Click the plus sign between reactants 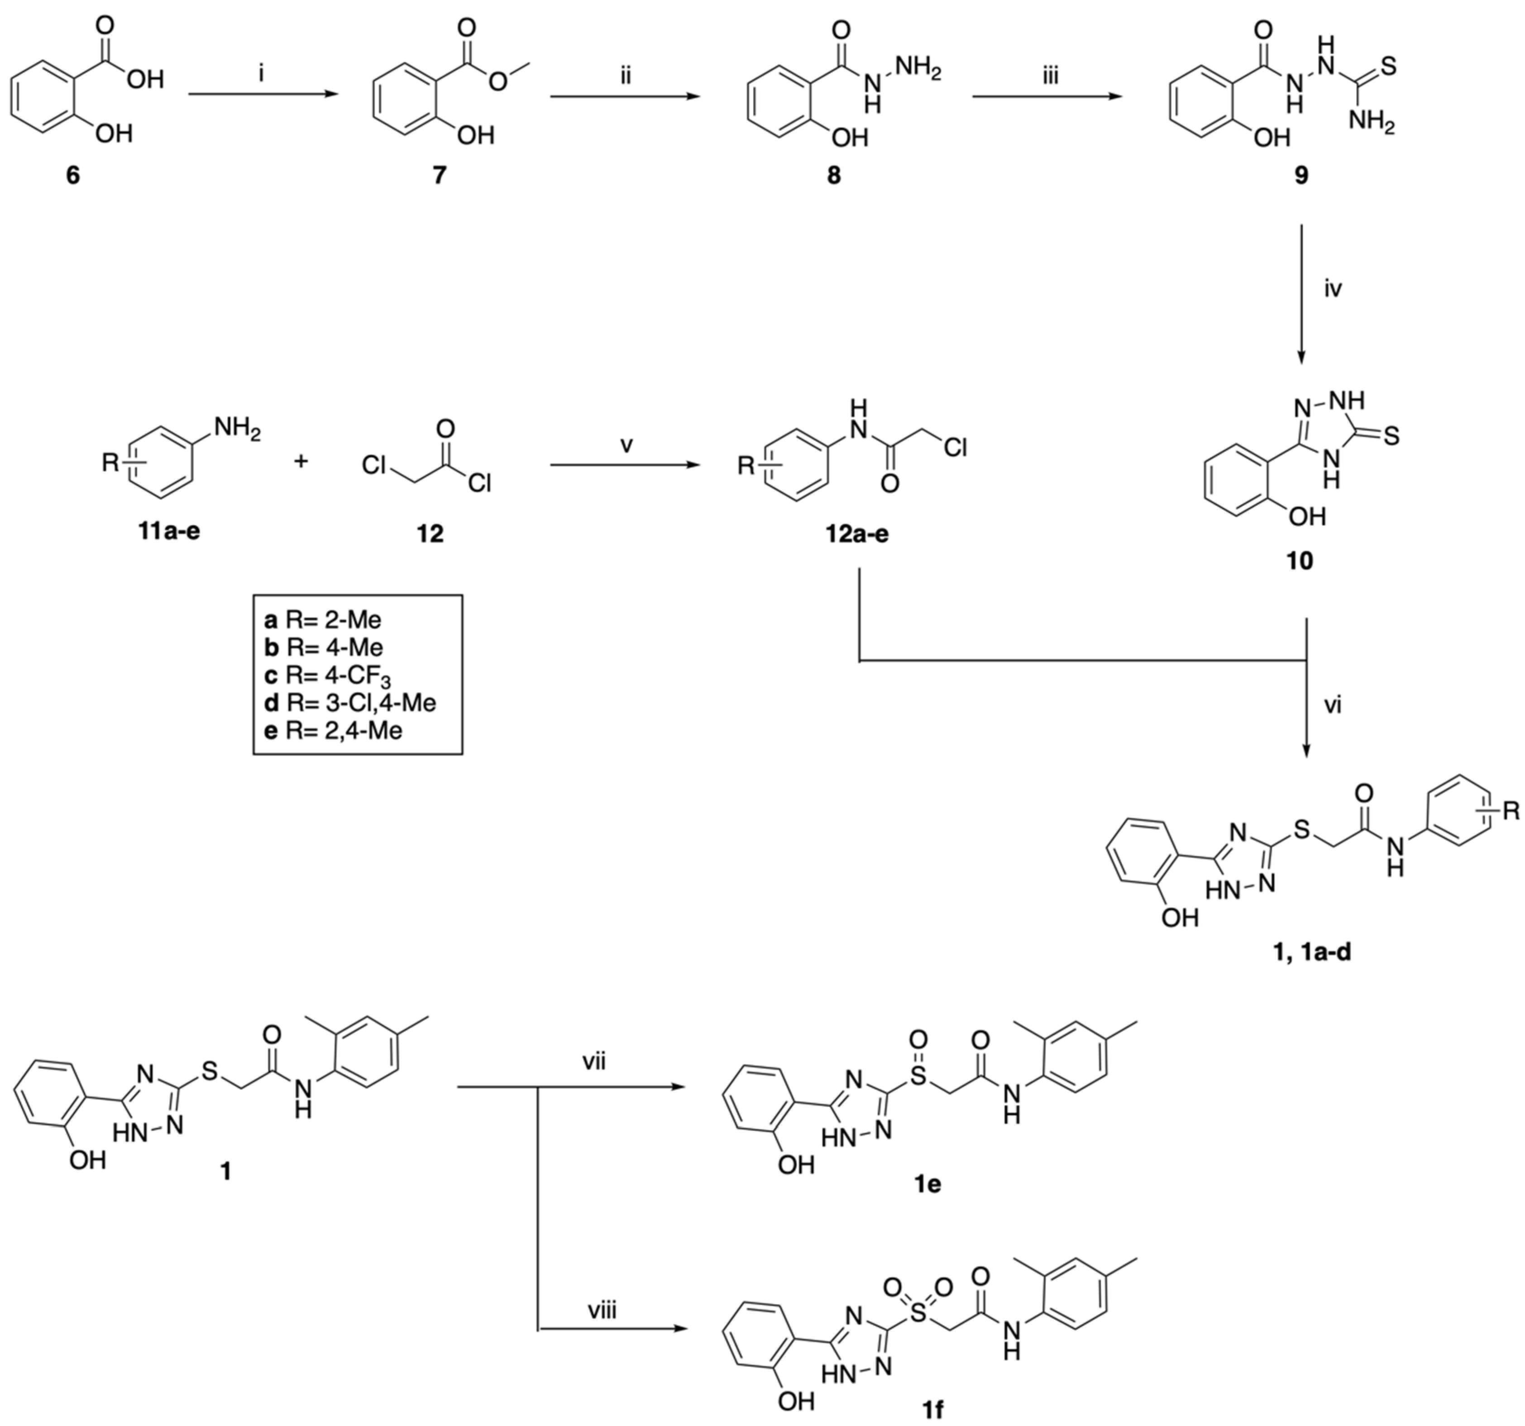click(301, 461)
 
